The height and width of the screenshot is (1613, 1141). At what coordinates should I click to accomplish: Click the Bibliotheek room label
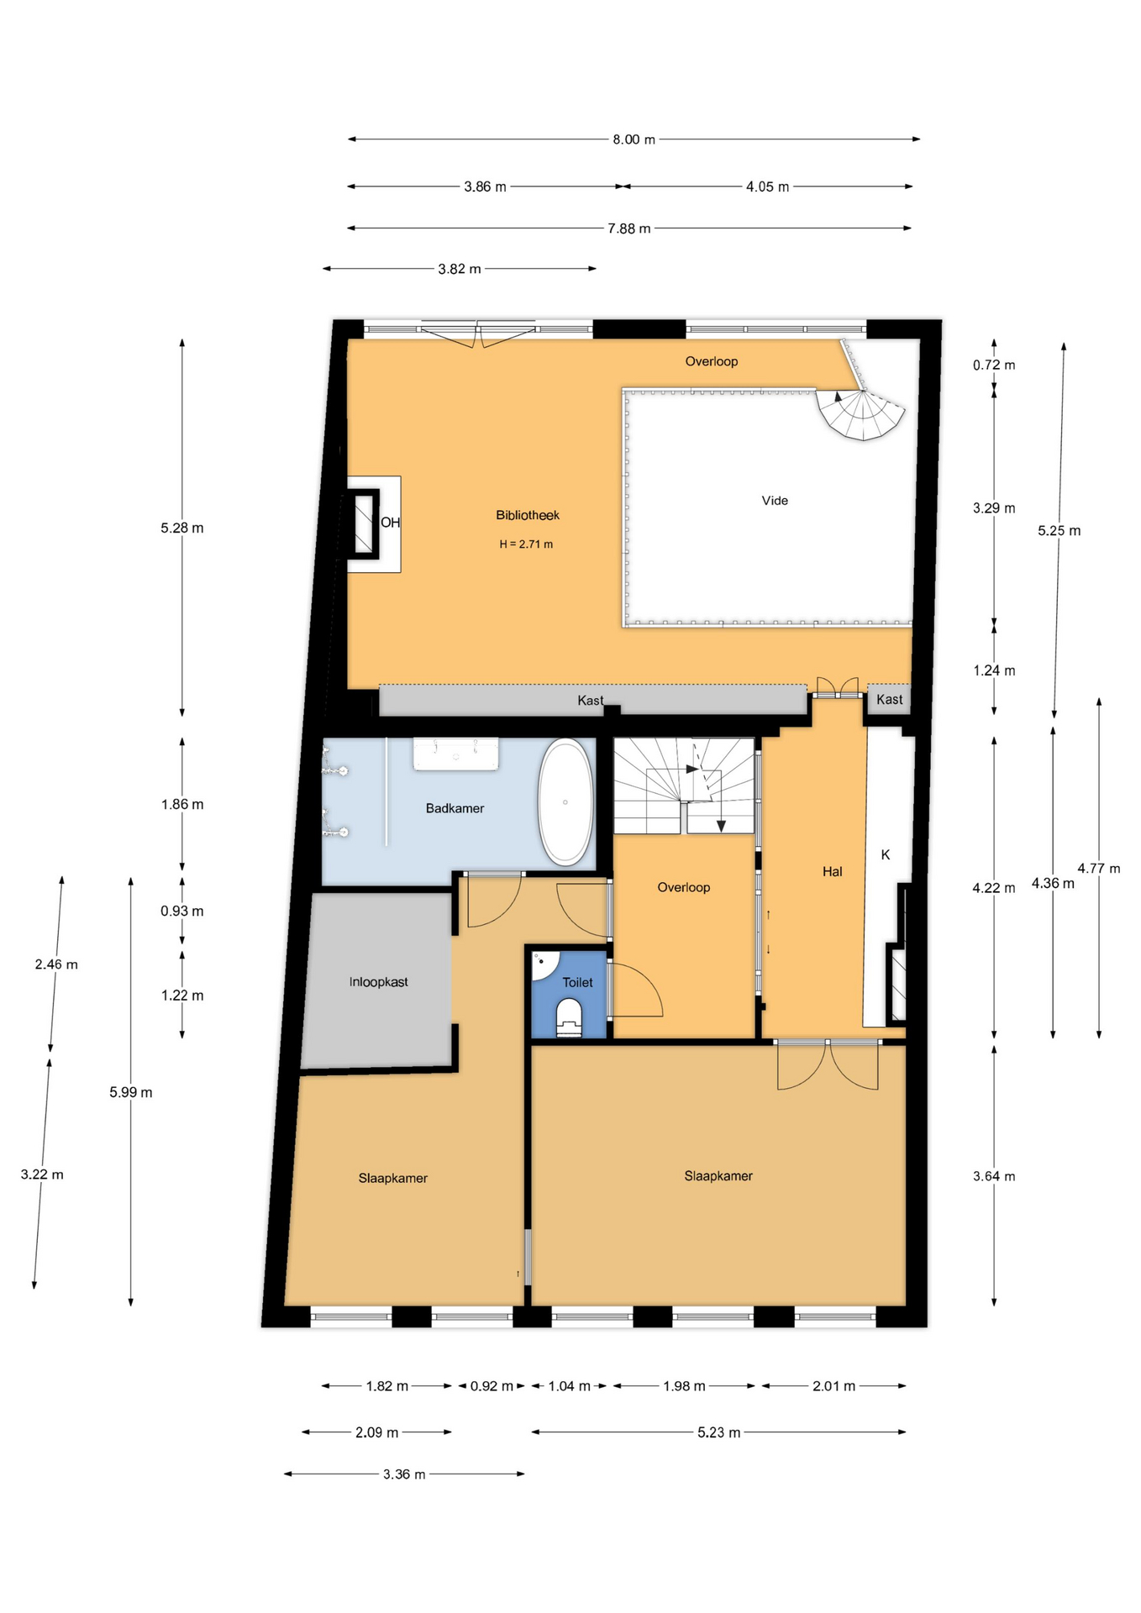click(527, 515)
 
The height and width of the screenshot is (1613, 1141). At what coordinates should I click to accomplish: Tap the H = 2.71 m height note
click(526, 544)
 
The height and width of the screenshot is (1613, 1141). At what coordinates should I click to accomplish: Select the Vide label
click(775, 501)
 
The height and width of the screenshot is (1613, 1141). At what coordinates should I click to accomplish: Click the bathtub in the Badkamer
click(565, 802)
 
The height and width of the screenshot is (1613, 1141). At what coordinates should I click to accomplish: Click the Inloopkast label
click(379, 982)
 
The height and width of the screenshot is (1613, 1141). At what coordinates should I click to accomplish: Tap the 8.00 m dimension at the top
click(634, 139)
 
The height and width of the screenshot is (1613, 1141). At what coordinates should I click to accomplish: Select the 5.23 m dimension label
click(719, 1432)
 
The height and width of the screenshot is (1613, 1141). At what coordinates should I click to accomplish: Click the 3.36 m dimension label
click(404, 1474)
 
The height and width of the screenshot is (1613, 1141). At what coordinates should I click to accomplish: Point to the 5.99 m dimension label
click(131, 1092)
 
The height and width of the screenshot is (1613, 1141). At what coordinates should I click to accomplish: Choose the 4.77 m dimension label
click(1099, 869)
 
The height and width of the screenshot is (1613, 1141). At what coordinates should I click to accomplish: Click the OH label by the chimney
click(391, 523)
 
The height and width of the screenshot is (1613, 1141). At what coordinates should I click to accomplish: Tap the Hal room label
click(832, 872)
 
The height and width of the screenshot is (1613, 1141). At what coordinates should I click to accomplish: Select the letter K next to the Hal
click(886, 855)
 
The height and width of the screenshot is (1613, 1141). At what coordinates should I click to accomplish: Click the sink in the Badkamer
click(455, 754)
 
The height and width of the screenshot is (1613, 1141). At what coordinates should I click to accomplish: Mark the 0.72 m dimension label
click(994, 365)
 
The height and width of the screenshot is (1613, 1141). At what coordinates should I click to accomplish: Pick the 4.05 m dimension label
click(768, 187)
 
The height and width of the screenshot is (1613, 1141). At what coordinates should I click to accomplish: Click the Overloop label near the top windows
click(712, 362)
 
